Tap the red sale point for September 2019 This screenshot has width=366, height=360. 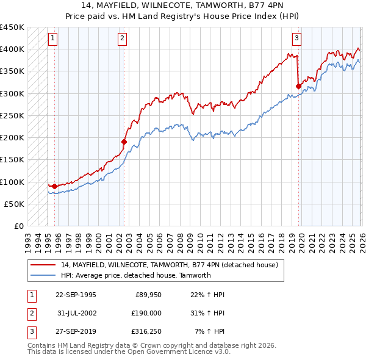coord(298,86)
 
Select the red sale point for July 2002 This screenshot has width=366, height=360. coord(124,142)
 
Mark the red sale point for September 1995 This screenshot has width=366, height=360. coord(54,186)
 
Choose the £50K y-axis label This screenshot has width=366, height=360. coord(15,204)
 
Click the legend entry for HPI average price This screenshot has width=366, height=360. coord(135,275)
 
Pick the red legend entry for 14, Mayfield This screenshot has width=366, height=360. coord(169,265)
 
